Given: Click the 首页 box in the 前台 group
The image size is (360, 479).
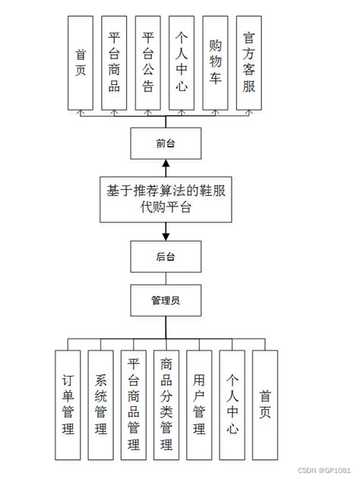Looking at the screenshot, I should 80,60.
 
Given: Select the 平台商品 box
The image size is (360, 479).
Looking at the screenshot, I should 113,60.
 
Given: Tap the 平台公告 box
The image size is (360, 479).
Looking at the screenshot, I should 147,60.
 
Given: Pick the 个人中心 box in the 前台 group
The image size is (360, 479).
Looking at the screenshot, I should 181,60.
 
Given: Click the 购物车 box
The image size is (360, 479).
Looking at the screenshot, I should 215,60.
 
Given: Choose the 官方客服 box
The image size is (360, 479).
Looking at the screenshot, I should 248,60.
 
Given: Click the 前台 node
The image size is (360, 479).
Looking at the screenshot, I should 166,142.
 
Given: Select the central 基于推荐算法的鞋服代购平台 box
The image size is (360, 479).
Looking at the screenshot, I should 166,199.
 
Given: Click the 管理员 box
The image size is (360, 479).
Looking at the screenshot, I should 166,300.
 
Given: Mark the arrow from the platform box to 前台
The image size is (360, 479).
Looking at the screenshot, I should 166,167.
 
